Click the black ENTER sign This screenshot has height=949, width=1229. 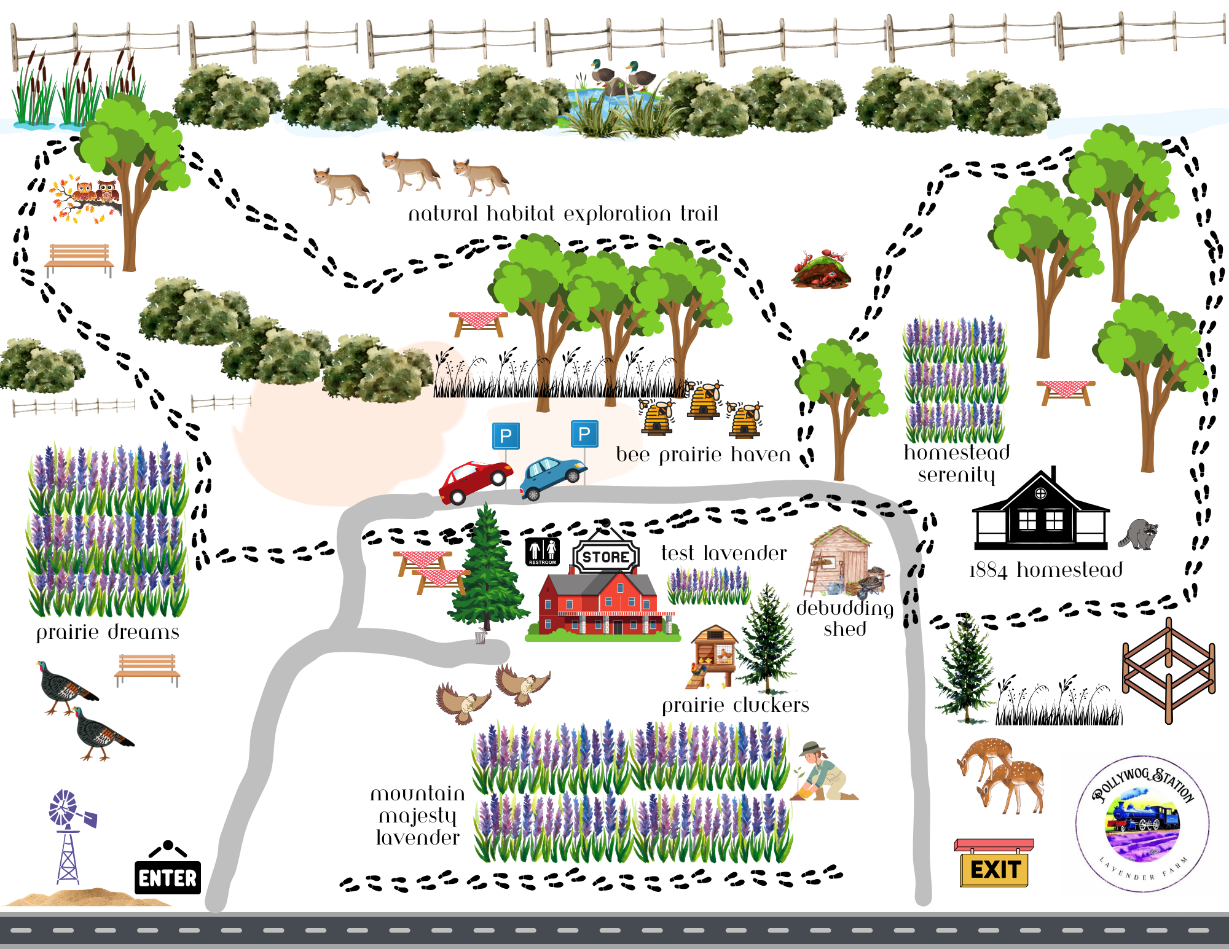(168, 877)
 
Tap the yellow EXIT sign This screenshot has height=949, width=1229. (994, 869)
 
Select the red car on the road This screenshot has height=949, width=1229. (474, 482)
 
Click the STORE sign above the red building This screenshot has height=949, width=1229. (606, 557)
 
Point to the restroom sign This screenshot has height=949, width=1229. (542, 551)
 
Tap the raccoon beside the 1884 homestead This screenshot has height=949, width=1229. (1139, 533)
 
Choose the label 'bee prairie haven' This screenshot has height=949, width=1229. (703, 455)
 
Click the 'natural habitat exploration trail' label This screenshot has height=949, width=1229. (563, 214)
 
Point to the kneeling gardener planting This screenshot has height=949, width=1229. (823, 773)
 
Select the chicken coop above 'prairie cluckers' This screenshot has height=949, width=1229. (713, 656)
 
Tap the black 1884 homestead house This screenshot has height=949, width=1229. (1041, 514)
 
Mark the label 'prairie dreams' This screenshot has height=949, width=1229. (108, 632)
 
